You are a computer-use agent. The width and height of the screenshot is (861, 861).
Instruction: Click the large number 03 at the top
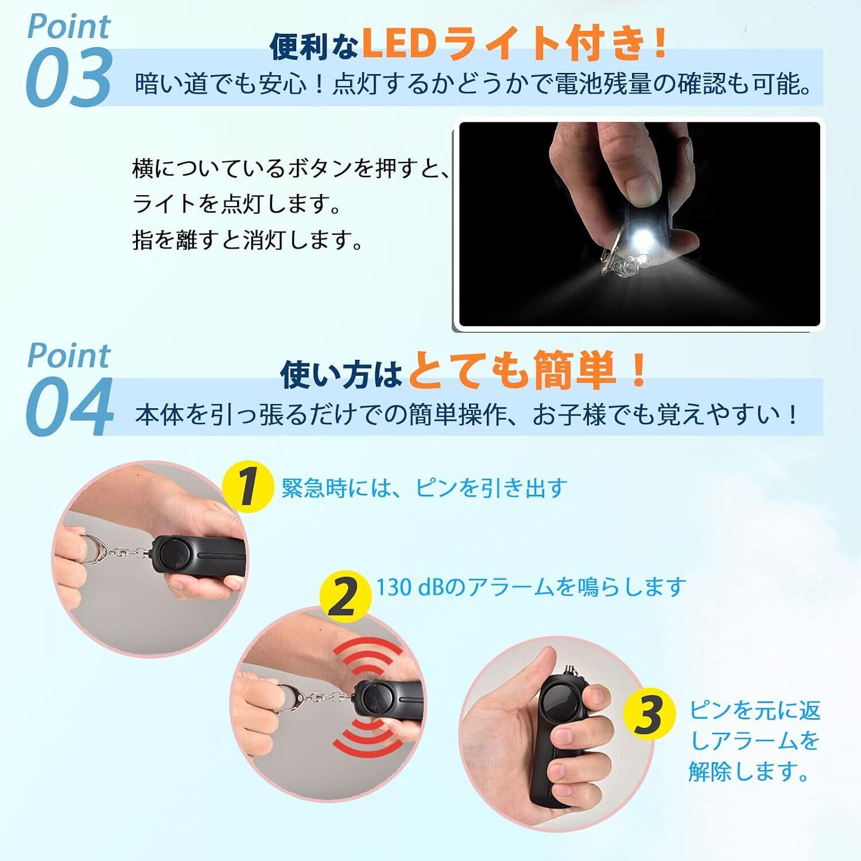(68, 77)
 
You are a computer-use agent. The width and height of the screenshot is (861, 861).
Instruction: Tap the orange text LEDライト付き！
(514, 45)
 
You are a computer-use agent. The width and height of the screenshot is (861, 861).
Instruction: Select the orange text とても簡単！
(528, 372)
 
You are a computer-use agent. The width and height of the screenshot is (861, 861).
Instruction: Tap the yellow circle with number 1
(247, 487)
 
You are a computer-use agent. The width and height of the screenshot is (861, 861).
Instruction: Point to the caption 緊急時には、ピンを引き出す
(424, 487)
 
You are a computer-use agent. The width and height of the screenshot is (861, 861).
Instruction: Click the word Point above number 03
(69, 27)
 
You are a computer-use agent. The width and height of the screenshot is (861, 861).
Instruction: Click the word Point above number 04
(69, 356)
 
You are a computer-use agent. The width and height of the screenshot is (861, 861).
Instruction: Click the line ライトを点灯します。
(236, 205)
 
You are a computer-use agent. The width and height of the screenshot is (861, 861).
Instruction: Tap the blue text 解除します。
(748, 771)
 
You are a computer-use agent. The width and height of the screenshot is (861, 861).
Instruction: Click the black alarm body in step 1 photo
(199, 554)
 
